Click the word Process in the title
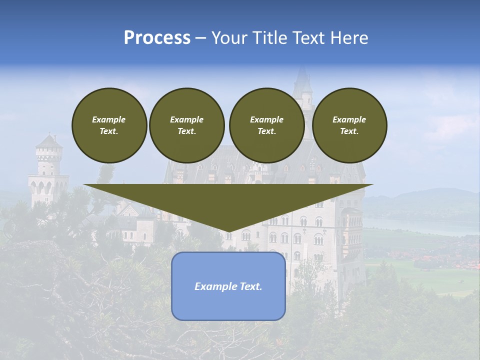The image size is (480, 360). click(x=157, y=38)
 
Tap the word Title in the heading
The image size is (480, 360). click(x=269, y=38)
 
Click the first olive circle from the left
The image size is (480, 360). click(x=109, y=125)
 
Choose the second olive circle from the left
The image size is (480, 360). click(x=186, y=125)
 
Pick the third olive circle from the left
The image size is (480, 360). click(x=266, y=125)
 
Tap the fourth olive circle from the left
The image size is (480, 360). click(x=349, y=125)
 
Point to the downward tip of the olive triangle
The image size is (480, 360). click(x=228, y=230)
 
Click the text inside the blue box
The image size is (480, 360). click(x=228, y=286)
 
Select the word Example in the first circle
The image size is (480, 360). click(x=109, y=119)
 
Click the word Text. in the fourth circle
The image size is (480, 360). click(x=349, y=131)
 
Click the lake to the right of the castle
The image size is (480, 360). click(x=420, y=225)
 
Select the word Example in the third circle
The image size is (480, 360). click(x=266, y=119)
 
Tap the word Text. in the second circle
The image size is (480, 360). click(x=186, y=131)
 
